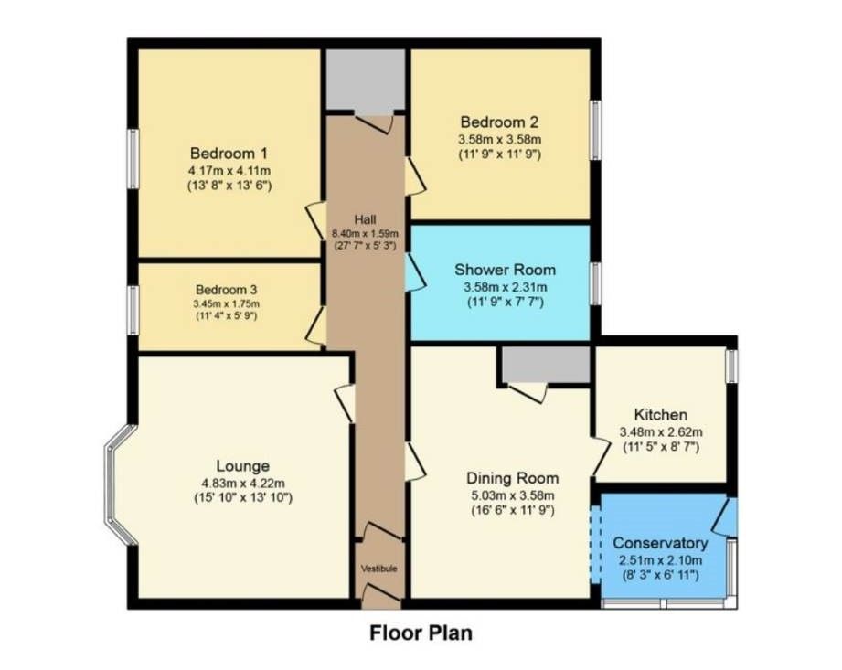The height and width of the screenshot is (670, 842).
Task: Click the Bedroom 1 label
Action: point(229,153)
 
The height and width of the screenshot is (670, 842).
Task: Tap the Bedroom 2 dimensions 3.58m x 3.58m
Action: point(499,139)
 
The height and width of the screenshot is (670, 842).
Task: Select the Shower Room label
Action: point(506,270)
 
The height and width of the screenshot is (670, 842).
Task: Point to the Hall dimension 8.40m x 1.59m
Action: point(365,233)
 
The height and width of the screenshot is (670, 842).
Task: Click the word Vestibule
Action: point(378,569)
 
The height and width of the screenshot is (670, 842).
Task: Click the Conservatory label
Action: point(660,543)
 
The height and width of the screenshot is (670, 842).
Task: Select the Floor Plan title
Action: point(421,632)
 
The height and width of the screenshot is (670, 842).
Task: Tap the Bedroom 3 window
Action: point(133,309)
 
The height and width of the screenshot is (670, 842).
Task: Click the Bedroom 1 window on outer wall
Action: point(133,159)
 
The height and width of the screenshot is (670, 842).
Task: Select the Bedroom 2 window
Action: point(595,129)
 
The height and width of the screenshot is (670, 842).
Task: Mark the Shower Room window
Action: point(595,282)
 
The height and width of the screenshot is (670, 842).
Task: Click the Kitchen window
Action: point(731,366)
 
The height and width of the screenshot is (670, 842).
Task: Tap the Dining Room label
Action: point(512,478)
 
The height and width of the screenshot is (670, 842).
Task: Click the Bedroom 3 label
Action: point(227,290)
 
